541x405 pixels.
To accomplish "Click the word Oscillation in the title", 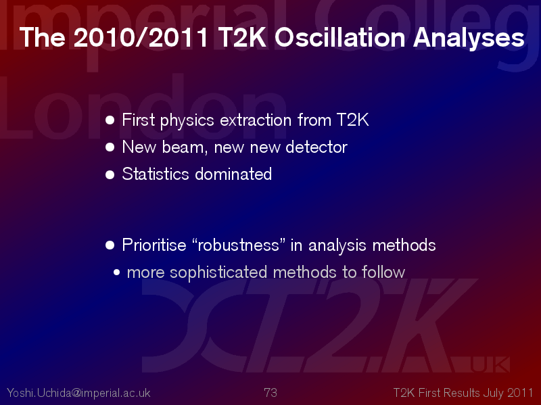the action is click(x=339, y=37).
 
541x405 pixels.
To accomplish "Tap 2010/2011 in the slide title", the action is click(x=141, y=37).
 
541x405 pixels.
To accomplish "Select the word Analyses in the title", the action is click(x=469, y=38).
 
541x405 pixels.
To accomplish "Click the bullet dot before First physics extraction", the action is click(x=110, y=120).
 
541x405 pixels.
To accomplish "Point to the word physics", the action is click(x=187, y=121).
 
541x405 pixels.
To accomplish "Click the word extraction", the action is click(x=256, y=120).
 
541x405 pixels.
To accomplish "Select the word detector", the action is click(x=316, y=147).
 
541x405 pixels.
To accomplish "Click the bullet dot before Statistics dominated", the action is click(x=110, y=174).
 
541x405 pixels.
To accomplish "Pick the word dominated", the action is click(x=233, y=174).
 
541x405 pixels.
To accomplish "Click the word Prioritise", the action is click(x=154, y=245).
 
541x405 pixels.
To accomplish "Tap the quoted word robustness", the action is click(x=238, y=245).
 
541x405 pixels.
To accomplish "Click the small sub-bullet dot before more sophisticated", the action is click(x=116, y=272).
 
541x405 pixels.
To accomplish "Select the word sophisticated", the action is click(x=218, y=272).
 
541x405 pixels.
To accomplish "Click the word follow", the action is click(x=383, y=272).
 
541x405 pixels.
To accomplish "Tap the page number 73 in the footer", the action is click(x=270, y=393).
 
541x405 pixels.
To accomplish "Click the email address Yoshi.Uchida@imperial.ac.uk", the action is click(x=78, y=393).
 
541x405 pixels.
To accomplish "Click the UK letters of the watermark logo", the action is click(x=490, y=365).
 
